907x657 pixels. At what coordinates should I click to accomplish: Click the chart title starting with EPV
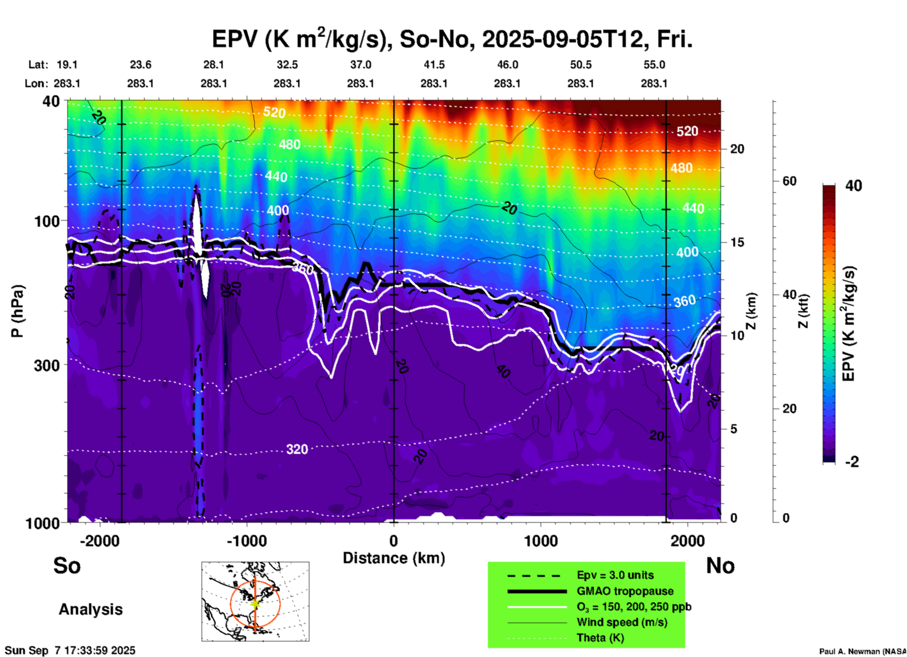click(x=452, y=39)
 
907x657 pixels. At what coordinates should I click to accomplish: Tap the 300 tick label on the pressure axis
click(x=47, y=365)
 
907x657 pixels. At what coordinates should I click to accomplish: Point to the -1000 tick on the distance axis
click(x=246, y=541)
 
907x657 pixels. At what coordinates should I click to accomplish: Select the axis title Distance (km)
click(x=394, y=558)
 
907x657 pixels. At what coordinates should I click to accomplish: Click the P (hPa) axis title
click(x=17, y=311)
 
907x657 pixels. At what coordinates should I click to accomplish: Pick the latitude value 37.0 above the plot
click(x=360, y=65)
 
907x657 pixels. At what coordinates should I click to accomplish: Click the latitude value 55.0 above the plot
click(x=654, y=65)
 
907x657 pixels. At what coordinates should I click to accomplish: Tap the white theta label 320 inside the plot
click(x=297, y=449)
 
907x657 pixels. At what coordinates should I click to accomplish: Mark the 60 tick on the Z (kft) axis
click(x=789, y=181)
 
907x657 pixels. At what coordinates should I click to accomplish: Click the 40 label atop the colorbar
click(x=853, y=186)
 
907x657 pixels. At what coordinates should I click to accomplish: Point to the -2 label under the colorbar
click(x=851, y=462)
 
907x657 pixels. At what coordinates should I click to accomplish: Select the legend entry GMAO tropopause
click(x=625, y=591)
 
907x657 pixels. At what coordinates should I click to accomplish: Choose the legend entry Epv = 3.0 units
click(x=615, y=575)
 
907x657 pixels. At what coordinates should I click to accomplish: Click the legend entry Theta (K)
click(x=600, y=638)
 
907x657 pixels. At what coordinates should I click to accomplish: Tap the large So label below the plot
click(x=67, y=566)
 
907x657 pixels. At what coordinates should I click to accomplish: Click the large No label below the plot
click(x=720, y=566)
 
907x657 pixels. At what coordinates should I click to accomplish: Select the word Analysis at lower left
click(x=90, y=609)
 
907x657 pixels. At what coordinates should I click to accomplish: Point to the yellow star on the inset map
click(x=255, y=603)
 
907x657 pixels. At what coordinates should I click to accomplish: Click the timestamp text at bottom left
click(x=70, y=650)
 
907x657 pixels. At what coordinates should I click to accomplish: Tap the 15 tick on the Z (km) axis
click(x=737, y=242)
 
